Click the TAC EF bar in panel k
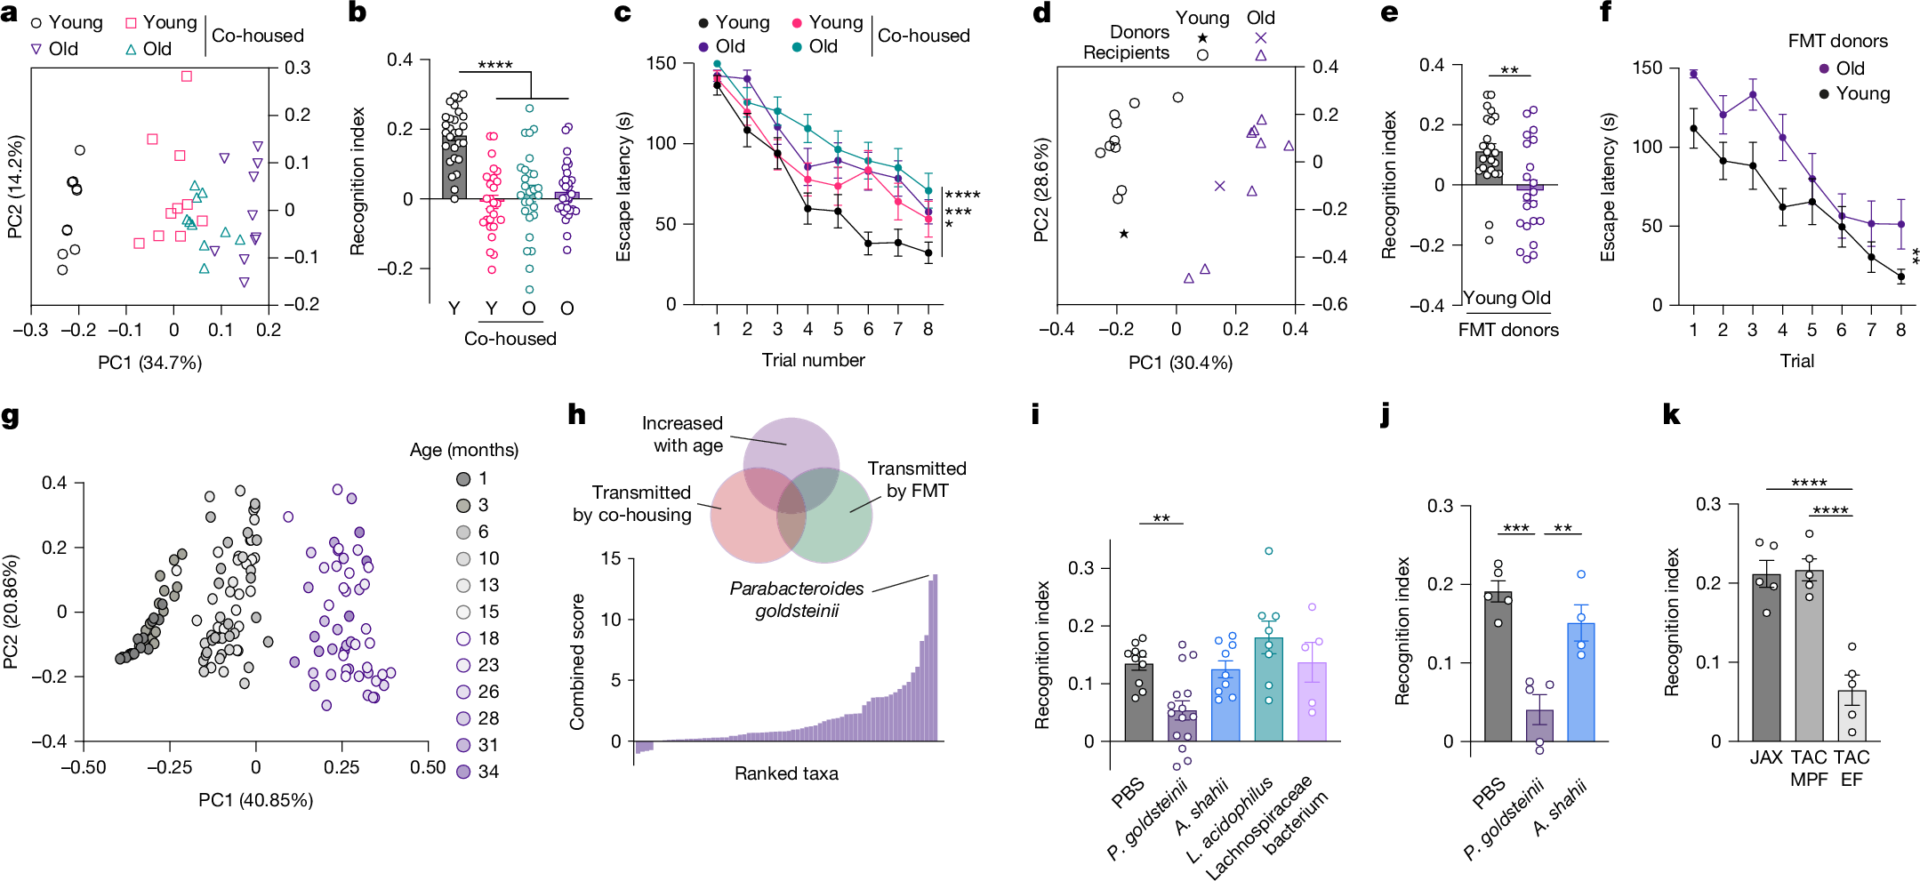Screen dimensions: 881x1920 click(1852, 716)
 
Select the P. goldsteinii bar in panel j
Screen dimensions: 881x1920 click(1539, 725)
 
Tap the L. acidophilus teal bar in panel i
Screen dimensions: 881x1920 click(1268, 689)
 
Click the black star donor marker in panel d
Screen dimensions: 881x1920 click(1124, 234)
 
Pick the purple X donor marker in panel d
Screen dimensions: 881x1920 click(1219, 186)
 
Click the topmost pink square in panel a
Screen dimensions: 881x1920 click(187, 76)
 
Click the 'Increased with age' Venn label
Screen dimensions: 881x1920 click(682, 434)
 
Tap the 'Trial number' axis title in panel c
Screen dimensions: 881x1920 click(813, 360)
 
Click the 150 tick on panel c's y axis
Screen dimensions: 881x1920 click(661, 63)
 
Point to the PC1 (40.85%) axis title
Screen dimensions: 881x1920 click(255, 800)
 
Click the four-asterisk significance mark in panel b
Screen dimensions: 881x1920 click(494, 65)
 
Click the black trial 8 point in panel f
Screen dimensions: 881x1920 click(1901, 276)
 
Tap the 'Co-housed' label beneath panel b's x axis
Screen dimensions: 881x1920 click(510, 339)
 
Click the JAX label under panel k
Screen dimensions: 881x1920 click(1765, 757)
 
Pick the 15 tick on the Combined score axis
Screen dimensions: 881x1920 click(610, 558)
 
